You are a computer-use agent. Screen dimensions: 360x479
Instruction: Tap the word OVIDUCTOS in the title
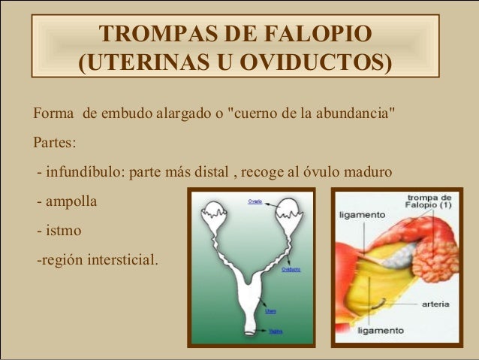click(315, 62)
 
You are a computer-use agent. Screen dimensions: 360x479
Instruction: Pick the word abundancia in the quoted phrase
click(349, 115)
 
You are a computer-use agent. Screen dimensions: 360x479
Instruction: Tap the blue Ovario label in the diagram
click(255, 201)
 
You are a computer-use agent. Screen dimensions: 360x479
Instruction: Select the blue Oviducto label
click(291, 269)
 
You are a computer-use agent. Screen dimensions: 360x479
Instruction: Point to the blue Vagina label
click(275, 330)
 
